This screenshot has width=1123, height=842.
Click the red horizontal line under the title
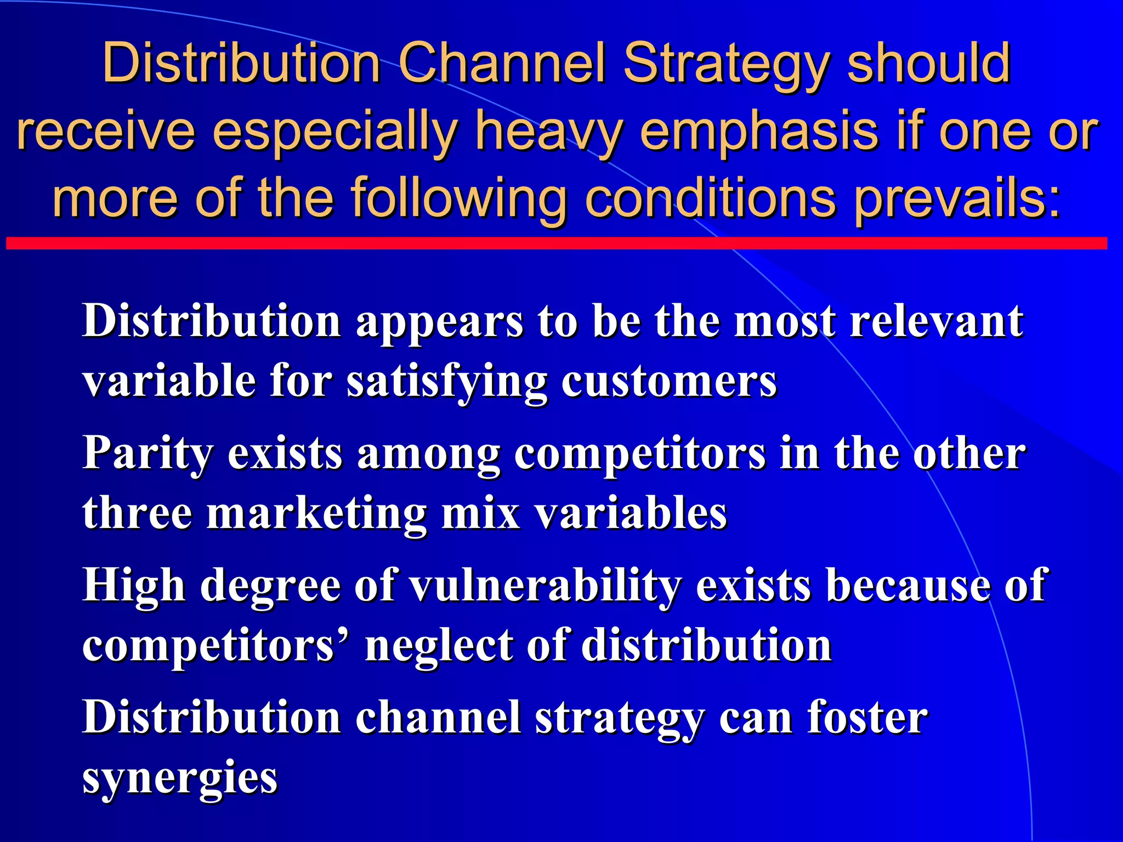[556, 243]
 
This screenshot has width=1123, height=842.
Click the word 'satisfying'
[447, 382]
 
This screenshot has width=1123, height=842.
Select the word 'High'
[134, 586]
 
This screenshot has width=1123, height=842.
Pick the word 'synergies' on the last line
[180, 778]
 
